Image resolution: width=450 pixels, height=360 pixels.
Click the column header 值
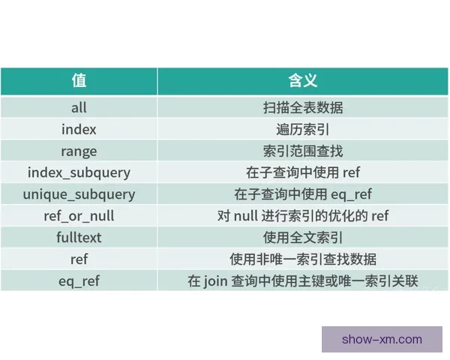(x=79, y=80)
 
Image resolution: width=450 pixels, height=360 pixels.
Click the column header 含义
(x=303, y=80)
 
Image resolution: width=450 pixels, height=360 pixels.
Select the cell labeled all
(x=79, y=107)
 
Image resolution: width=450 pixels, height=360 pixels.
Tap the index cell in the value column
(x=79, y=129)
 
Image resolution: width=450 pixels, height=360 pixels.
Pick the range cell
(x=79, y=151)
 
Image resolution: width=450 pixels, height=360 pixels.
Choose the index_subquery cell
(x=79, y=172)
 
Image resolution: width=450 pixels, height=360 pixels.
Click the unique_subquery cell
(x=79, y=194)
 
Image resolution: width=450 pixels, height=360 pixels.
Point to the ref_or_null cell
(x=79, y=216)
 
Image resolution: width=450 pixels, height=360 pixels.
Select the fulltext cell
(x=79, y=238)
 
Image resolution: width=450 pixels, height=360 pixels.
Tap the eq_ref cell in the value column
(x=79, y=281)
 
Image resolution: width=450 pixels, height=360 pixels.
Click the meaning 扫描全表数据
(x=303, y=107)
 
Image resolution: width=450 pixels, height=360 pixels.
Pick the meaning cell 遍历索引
(x=303, y=129)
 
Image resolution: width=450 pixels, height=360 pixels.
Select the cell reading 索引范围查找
(x=303, y=151)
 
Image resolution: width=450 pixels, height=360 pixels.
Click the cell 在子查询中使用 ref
(x=303, y=172)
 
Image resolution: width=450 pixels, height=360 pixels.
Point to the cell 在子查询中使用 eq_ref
(x=303, y=194)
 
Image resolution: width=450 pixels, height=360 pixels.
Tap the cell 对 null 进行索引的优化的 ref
(x=303, y=216)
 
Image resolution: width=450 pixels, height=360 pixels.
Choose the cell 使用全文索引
(x=303, y=238)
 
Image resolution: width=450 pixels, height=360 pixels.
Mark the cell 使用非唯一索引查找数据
(x=303, y=259)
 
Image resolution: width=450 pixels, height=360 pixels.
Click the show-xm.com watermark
(x=382, y=339)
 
